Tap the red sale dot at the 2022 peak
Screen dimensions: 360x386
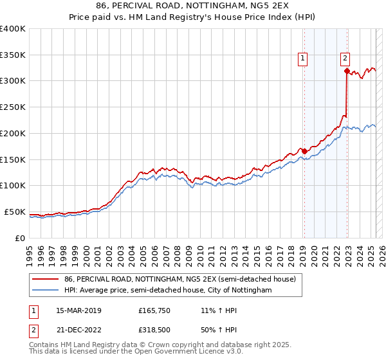point(347,71)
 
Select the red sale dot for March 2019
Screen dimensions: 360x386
point(304,151)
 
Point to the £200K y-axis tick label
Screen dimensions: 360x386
point(12,133)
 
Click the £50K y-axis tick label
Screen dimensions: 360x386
point(14,212)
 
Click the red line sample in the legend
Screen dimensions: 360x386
point(45,280)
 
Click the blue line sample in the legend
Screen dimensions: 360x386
point(45,291)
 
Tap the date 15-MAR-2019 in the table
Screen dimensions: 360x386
point(79,310)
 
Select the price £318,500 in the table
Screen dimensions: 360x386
point(154,330)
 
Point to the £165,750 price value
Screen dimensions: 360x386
point(154,310)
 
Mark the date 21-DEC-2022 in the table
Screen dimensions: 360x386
point(79,330)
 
